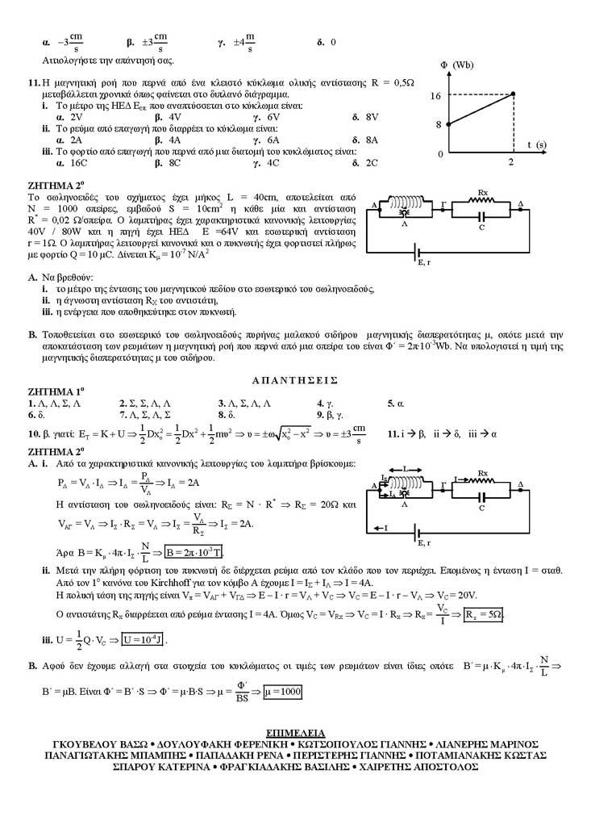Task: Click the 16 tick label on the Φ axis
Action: coord(435,95)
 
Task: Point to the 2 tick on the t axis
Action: coord(511,161)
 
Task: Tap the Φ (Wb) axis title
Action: coord(456,64)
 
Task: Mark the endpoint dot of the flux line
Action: coord(513,95)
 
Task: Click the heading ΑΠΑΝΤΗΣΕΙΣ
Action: coord(295,379)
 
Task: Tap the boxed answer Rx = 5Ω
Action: coord(485,615)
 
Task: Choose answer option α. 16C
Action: coord(65,162)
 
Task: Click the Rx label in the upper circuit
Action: coord(483,194)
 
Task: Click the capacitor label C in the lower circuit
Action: coord(481,508)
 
